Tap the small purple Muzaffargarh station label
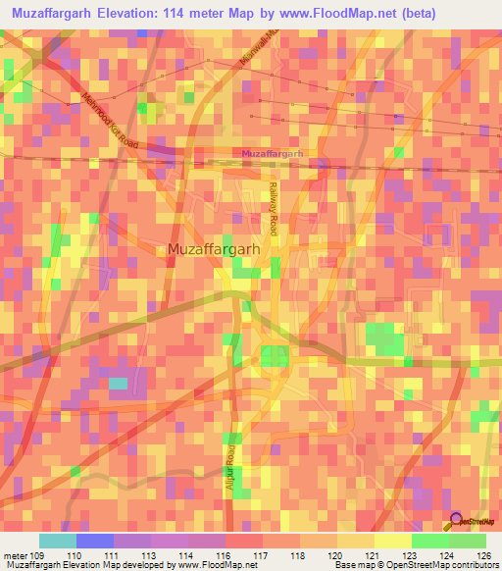pyautogui.click(x=273, y=155)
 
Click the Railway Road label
pyautogui.click(x=275, y=202)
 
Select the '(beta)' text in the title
pyautogui.click(x=412, y=13)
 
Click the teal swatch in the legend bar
pyautogui.click(x=58, y=541)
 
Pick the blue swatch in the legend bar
pyautogui.click(x=95, y=541)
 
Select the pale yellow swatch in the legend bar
pyautogui.click(x=393, y=541)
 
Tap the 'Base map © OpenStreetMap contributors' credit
pyautogui.click(x=415, y=564)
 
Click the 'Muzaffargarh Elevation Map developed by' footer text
pyautogui.click(x=85, y=564)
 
